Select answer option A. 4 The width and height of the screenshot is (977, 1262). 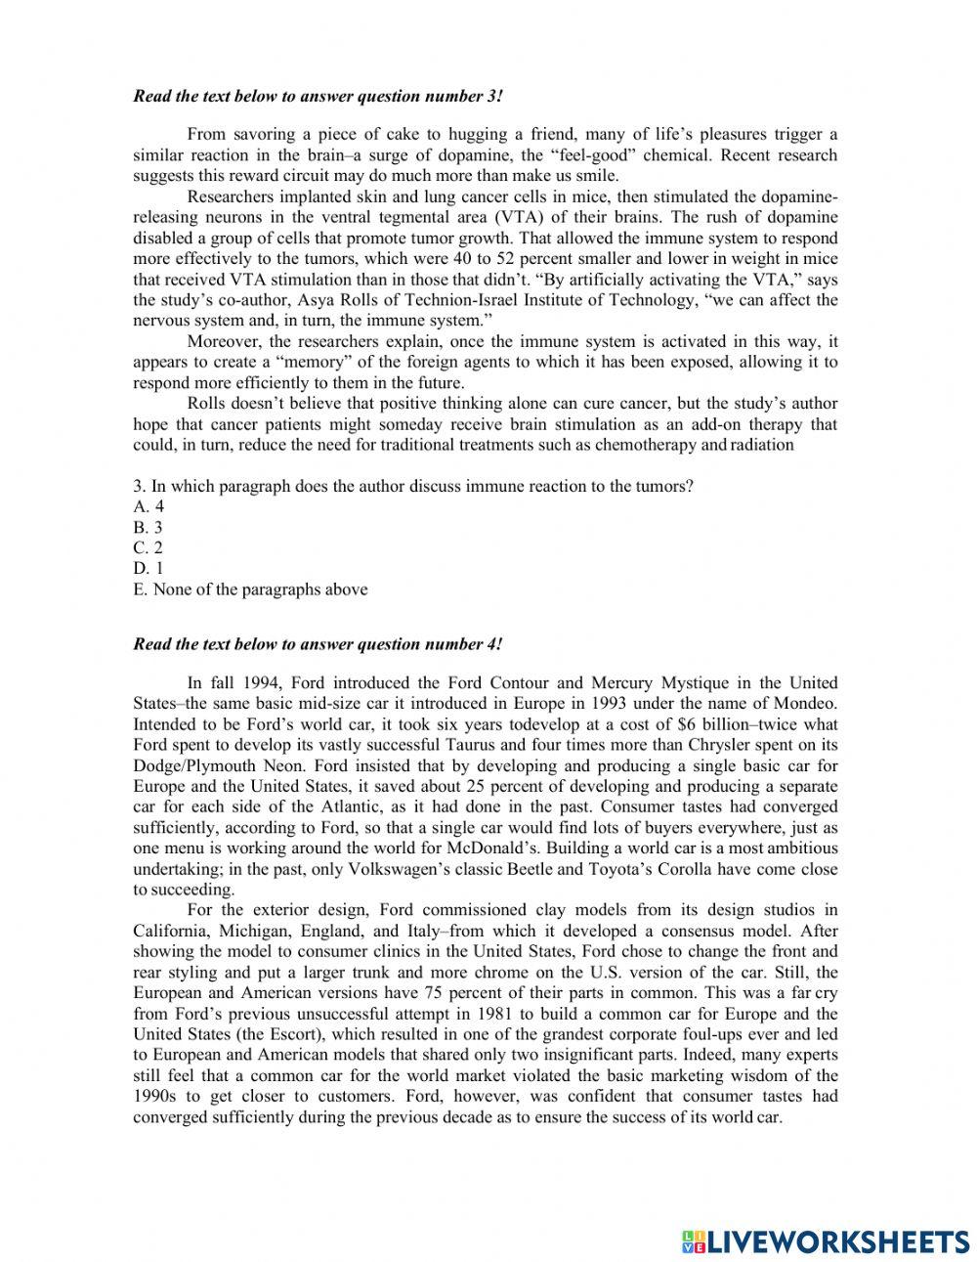149,506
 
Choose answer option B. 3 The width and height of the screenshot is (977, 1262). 149,527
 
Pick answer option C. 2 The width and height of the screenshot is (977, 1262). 149,547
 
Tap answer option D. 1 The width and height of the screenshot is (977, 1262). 149,568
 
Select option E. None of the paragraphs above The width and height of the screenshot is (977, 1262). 250,588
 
